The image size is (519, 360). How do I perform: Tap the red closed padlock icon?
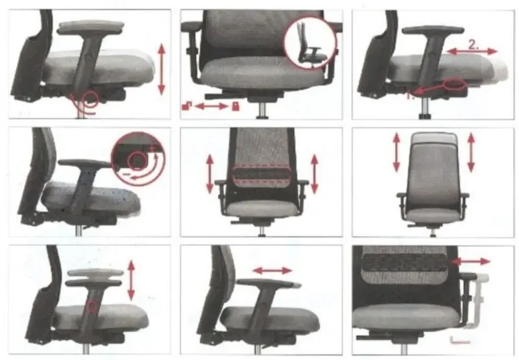pyautogui.click(x=235, y=106)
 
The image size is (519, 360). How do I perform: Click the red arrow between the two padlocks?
pyautogui.click(x=212, y=106)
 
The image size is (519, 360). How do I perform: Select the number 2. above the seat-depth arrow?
pyautogui.click(x=474, y=44)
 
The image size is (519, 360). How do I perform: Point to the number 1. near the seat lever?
pyautogui.click(x=410, y=96)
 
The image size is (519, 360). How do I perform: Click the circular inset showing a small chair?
pyautogui.click(x=310, y=43)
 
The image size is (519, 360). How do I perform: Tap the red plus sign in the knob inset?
pyautogui.click(x=152, y=148)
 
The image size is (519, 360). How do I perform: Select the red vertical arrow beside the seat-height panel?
pyautogui.click(x=161, y=69)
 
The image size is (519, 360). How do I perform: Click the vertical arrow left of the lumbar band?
pyautogui.click(x=210, y=174)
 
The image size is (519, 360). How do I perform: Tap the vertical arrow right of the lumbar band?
pyautogui.click(x=315, y=174)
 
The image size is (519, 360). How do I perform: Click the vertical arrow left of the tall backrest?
pyautogui.click(x=396, y=152)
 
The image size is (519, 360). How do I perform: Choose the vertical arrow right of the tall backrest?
pyautogui.click(x=471, y=152)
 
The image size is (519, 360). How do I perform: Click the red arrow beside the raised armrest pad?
pyautogui.click(x=132, y=280)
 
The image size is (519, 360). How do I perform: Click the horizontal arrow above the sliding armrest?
pyautogui.click(x=272, y=270)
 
